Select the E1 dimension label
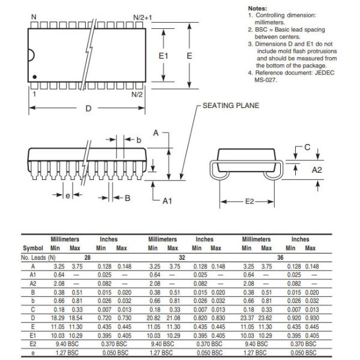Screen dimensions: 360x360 164,55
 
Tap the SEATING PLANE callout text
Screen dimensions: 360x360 230,106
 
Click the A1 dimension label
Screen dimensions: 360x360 167,200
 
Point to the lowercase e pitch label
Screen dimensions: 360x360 68,196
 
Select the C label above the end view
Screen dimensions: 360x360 307,146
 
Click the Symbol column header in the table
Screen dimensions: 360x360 33,248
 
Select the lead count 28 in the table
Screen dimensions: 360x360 88,257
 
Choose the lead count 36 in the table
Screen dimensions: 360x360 280,257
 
